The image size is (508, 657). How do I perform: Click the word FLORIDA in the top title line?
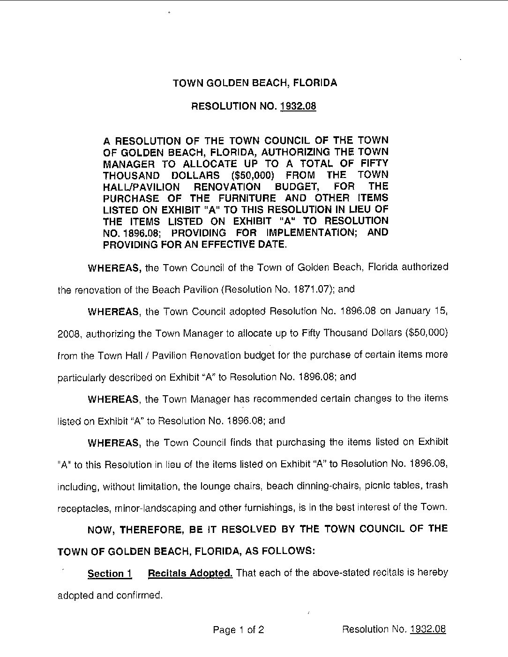(314, 83)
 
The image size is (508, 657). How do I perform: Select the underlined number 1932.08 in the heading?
(298, 106)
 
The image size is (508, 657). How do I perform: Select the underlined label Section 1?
(110, 574)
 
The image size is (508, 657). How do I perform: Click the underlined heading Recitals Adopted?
(190, 573)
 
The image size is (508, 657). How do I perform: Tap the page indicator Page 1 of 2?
(238, 630)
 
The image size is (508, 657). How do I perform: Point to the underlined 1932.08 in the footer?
(427, 629)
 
